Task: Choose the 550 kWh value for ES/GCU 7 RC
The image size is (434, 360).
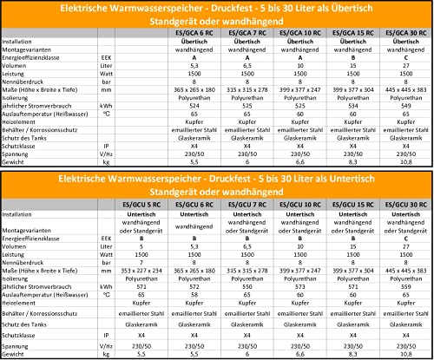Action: [247, 284]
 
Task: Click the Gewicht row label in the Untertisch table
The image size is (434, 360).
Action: [14, 356]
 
